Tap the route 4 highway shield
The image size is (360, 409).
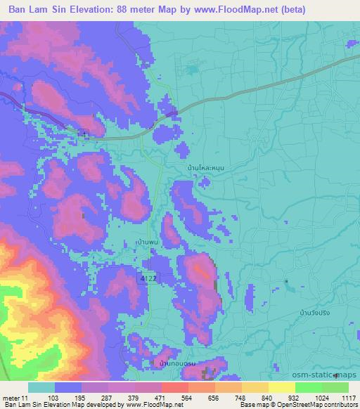(84, 134)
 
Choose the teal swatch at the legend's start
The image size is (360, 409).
(41, 387)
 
